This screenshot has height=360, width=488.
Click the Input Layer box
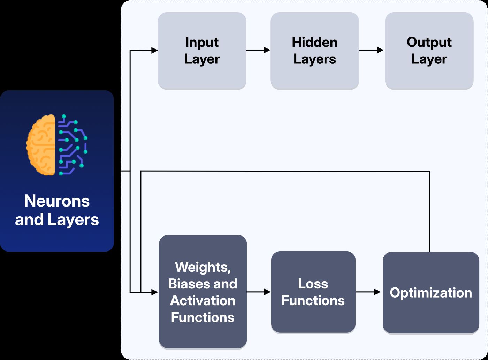coord(202,51)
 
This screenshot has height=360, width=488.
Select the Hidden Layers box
coord(314,51)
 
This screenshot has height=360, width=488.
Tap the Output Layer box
coord(429,51)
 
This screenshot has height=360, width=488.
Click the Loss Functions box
coord(313,292)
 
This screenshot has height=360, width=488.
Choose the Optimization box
coord(431,292)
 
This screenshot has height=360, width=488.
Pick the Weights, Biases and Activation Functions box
coord(203,292)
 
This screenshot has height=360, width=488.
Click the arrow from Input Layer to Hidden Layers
coord(258,50)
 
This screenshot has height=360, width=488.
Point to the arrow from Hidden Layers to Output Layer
coord(372,50)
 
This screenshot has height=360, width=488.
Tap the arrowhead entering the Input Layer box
coord(154,51)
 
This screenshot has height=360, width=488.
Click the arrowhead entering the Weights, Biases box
coord(155,292)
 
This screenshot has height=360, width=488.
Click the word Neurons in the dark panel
coord(57,201)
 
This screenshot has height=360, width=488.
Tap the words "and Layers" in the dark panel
coord(57,220)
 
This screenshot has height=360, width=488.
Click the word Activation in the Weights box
coord(203,301)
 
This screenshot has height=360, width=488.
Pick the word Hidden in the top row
coord(314,42)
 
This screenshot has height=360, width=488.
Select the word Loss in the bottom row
coord(313,284)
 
